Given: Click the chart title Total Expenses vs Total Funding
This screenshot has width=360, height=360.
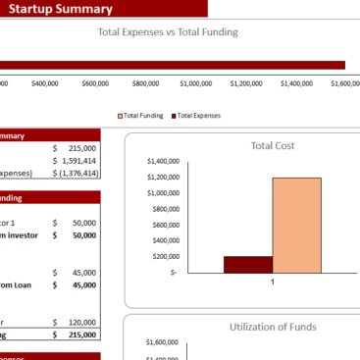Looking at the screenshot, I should [x=168, y=32].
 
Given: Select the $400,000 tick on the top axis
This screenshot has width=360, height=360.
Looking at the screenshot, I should [x=44, y=83].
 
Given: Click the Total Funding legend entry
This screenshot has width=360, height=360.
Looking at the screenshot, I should [x=146, y=115].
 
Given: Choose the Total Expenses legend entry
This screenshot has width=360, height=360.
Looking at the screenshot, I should [x=198, y=115].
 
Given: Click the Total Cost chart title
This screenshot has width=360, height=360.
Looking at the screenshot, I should [x=273, y=145].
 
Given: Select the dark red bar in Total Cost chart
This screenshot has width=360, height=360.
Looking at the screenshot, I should [x=247, y=264].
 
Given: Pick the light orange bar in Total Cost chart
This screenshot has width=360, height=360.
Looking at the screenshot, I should [x=296, y=225].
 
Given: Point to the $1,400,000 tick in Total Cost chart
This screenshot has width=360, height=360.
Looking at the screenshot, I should [x=162, y=161].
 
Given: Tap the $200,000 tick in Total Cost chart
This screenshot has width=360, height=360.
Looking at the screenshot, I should [x=165, y=256].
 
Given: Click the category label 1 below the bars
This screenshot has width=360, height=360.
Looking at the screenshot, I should [x=272, y=282].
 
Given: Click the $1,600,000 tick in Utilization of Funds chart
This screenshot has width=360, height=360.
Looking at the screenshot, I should [x=162, y=342].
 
